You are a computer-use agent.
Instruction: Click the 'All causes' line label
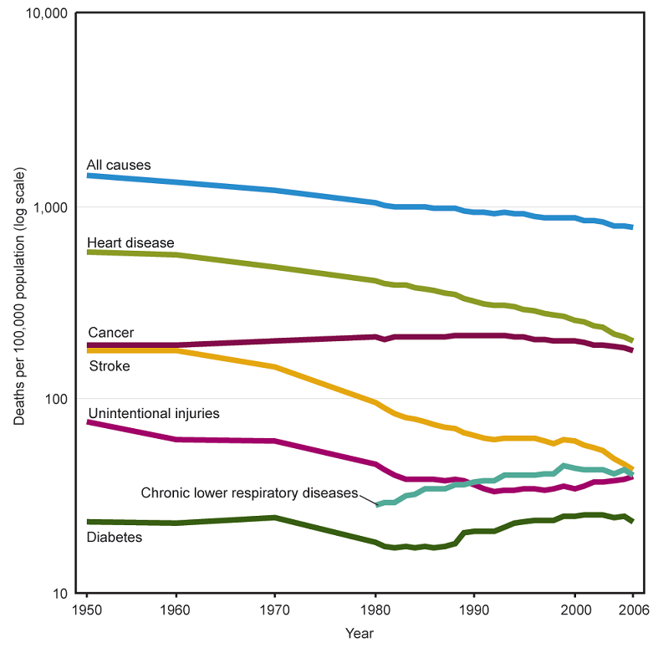[119, 165]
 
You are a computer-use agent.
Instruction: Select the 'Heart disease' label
[130, 242]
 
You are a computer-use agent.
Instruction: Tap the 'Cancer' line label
[110, 333]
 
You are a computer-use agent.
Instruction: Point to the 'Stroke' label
[109, 365]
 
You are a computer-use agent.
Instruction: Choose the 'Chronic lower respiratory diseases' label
[249, 492]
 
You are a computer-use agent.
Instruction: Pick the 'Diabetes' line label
[115, 537]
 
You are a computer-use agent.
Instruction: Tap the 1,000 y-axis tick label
[49, 207]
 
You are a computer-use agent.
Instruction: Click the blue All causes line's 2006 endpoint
[632, 227]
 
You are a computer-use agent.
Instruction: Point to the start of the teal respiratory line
[378, 505]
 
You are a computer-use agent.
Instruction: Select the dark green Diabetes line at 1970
[276, 518]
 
